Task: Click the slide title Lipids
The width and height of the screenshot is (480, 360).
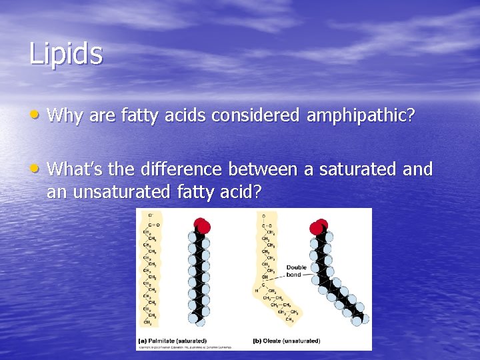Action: (66, 53)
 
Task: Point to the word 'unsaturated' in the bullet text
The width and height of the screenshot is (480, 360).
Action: (109, 192)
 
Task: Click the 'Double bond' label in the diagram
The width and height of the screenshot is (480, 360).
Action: (296, 271)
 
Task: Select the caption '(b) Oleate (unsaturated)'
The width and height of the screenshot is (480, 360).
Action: (287, 341)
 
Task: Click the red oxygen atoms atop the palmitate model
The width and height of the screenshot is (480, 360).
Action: (201, 225)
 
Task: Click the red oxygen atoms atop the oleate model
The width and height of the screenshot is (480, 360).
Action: (319, 227)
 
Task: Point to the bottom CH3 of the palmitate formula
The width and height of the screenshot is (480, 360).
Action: (147, 322)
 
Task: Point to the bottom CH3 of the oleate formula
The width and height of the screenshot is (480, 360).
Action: (289, 319)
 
